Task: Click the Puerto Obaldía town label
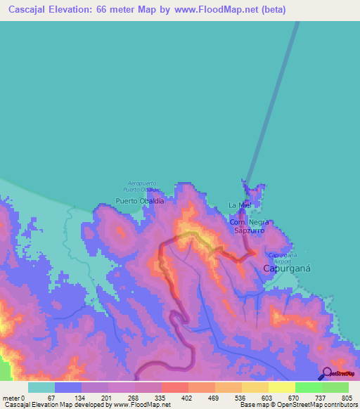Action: pyautogui.click(x=140, y=200)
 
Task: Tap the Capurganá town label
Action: pyautogui.click(x=287, y=268)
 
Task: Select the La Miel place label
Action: pyautogui.click(x=240, y=205)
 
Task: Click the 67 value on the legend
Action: pyautogui.click(x=51, y=398)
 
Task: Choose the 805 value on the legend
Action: pyautogui.click(x=344, y=398)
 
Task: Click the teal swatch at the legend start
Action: pyautogui.click(x=41, y=387)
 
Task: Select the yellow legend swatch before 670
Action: pyautogui.click(x=281, y=387)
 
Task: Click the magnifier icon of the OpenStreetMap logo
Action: pyautogui.click(x=326, y=372)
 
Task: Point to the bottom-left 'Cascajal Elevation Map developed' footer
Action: pyautogui.click(x=63, y=405)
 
